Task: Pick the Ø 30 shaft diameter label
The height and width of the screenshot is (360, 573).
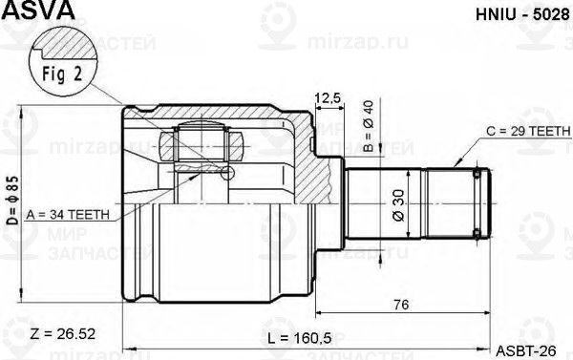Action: tap(395, 201)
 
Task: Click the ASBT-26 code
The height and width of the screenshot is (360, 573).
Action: tap(524, 348)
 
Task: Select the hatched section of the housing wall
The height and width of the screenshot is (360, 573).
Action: tap(306, 158)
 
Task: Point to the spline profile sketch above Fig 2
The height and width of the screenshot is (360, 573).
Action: tap(67, 43)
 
